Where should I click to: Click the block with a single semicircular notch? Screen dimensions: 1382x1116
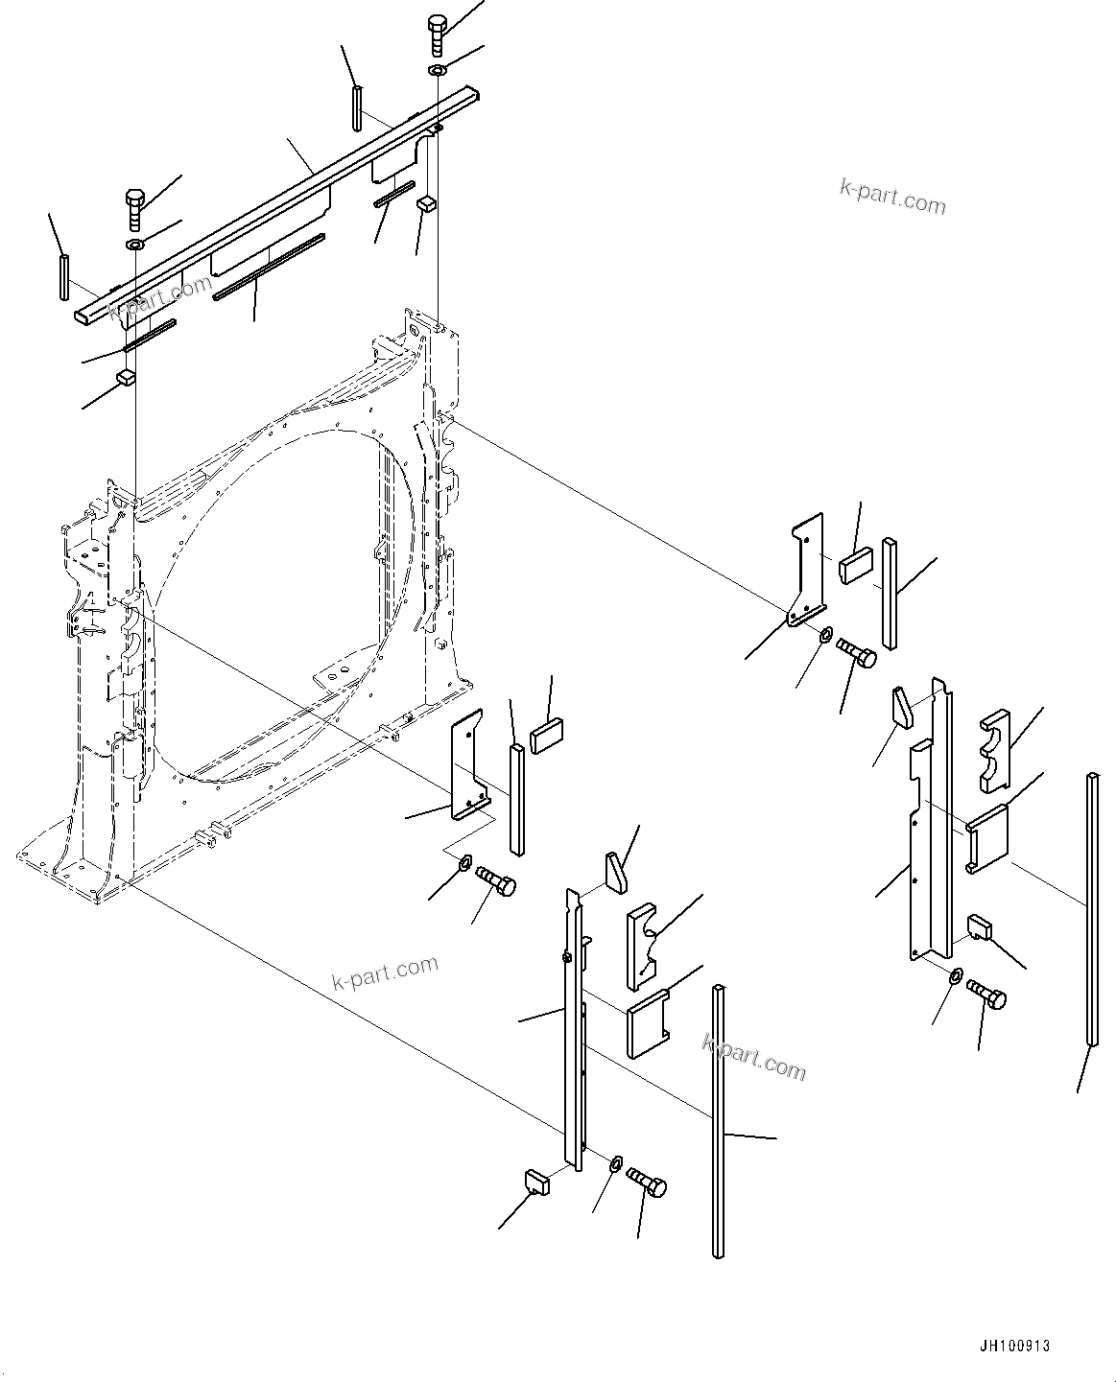[644, 946]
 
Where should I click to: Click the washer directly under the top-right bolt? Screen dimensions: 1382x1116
[438, 71]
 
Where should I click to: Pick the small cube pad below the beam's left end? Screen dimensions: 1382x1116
[124, 377]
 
